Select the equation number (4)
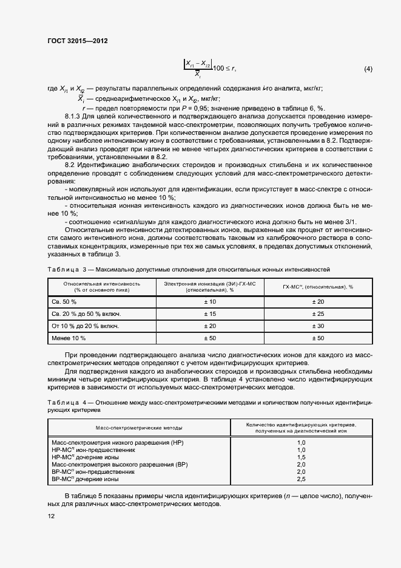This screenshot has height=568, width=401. coord(368,69)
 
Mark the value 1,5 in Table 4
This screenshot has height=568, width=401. coord(301,457)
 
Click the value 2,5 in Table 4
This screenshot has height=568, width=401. coord(301,479)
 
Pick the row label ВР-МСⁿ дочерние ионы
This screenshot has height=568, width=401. coord(85,479)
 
